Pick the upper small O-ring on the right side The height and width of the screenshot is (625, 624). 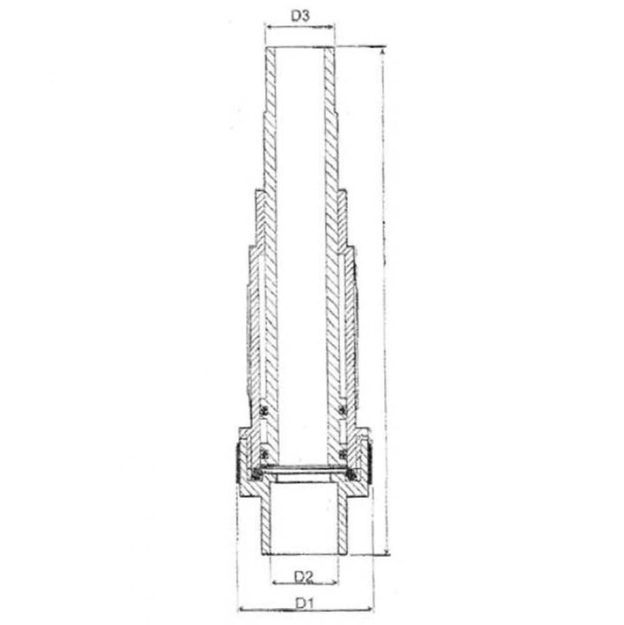tap(342, 411)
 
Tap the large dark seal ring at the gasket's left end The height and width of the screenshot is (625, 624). tap(256, 474)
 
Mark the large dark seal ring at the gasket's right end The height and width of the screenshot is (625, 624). tap(351, 474)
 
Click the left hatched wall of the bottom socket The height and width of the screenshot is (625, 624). tap(265, 522)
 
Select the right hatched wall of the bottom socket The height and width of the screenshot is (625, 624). tap(342, 522)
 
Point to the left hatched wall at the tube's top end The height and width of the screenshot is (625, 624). tap(270, 69)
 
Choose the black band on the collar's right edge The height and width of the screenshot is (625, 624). tap(370, 462)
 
